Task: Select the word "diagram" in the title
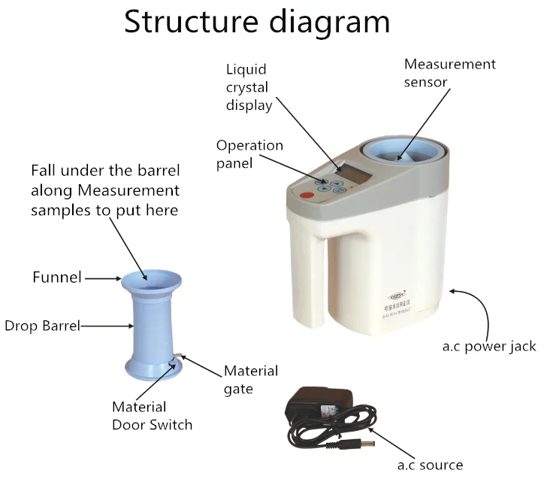click(330, 23)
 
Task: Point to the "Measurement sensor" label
click(450, 73)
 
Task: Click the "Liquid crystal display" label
click(249, 87)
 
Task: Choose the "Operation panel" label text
click(249, 153)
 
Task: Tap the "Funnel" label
click(56, 277)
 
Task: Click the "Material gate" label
click(251, 379)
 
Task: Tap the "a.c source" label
click(429, 465)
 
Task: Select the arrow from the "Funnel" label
click(102, 278)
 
